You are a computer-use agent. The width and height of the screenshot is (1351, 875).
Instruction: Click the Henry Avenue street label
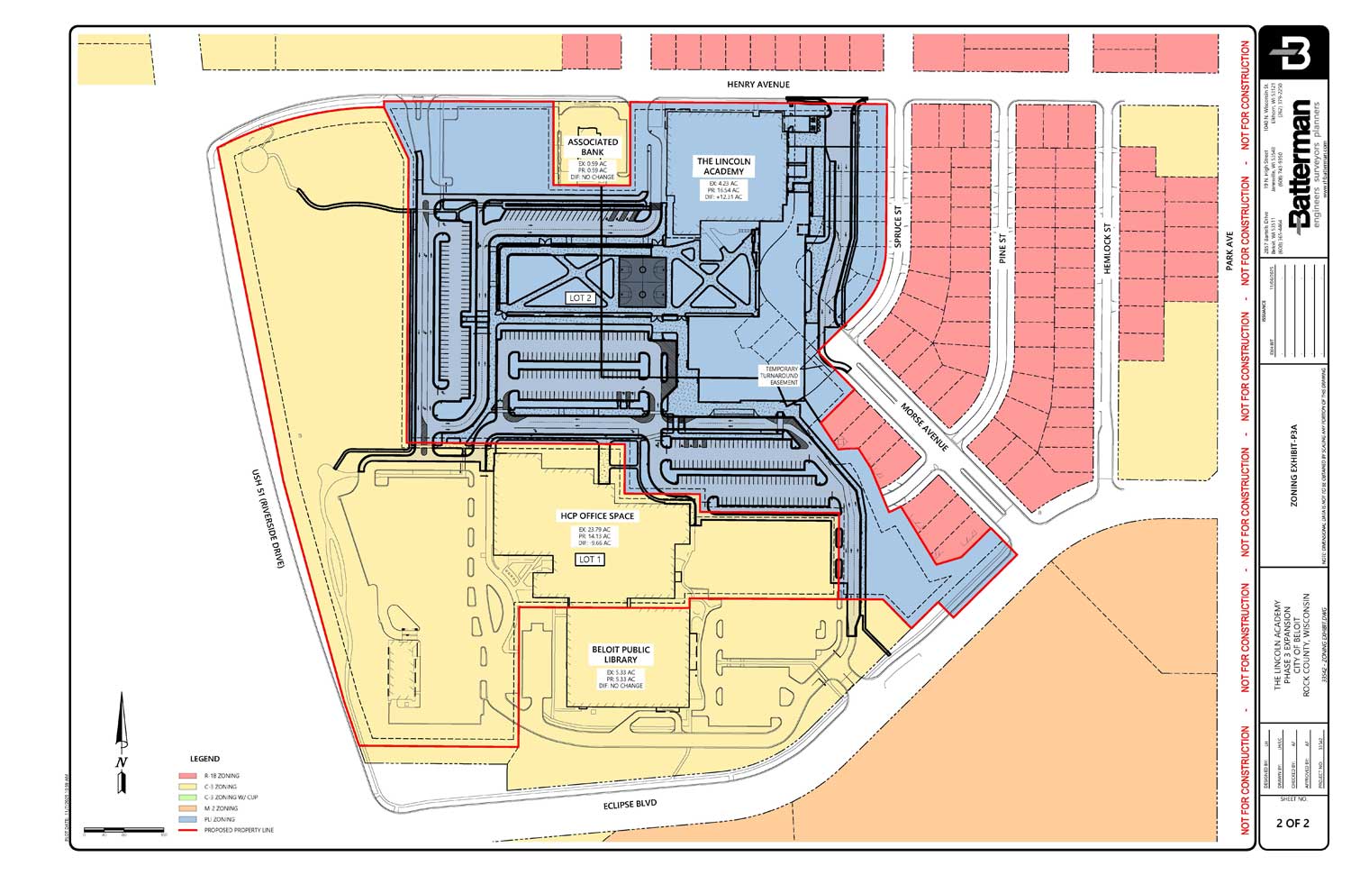(758, 85)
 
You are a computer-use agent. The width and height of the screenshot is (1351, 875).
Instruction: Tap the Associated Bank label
(593, 147)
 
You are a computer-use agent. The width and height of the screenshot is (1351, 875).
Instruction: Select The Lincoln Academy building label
(723, 167)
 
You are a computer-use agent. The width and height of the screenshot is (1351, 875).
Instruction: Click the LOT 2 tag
(580, 297)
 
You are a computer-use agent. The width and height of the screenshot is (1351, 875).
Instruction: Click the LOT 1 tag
(590, 560)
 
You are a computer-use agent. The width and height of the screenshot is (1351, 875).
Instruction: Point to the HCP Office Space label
(597, 516)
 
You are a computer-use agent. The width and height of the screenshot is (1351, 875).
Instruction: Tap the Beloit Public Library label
(621, 654)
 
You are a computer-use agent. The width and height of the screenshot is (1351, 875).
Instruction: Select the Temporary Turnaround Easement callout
(782, 376)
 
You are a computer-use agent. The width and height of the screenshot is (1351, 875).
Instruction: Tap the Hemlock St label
(1107, 250)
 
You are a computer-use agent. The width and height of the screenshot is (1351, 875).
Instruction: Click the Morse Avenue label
(925, 427)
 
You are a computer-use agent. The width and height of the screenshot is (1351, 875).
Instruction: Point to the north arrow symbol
(122, 743)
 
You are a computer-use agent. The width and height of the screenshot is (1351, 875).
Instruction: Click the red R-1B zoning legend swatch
(187, 776)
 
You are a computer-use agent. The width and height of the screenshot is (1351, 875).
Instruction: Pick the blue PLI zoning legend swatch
(187, 819)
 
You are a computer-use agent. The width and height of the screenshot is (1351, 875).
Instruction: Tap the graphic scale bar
(124, 829)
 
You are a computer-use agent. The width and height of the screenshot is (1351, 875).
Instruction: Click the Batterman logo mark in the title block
(1293, 54)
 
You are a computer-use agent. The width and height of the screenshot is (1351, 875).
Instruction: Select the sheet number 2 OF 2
(1292, 823)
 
